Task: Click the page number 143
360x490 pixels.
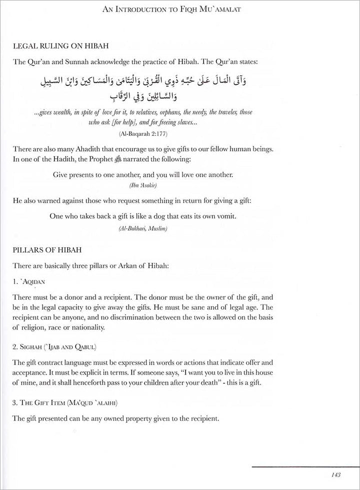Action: (x=336, y=474)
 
